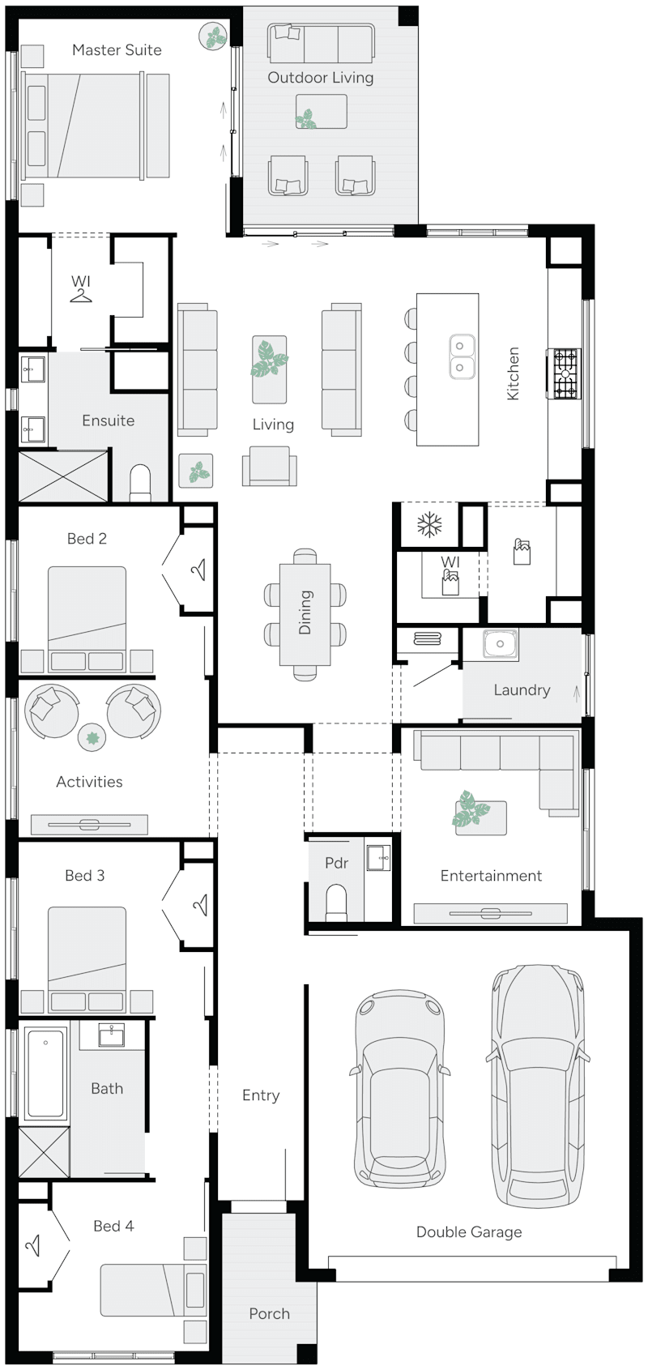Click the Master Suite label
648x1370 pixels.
(117, 50)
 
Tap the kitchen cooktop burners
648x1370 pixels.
(565, 373)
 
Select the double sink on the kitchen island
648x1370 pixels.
(460, 356)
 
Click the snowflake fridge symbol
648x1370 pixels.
(428, 525)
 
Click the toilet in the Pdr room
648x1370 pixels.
(335, 902)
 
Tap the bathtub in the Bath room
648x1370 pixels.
(45, 1073)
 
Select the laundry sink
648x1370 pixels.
(500, 644)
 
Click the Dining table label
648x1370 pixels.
(305, 612)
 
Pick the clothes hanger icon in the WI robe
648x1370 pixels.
(81, 296)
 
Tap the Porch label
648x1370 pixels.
(269, 1314)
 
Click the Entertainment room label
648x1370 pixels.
(491, 876)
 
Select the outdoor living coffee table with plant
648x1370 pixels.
(321, 112)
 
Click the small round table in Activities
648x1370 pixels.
(92, 737)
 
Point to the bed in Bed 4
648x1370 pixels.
(152, 1290)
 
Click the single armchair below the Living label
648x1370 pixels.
(269, 468)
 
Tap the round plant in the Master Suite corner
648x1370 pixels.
(213, 36)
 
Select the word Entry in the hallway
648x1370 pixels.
(261, 1095)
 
